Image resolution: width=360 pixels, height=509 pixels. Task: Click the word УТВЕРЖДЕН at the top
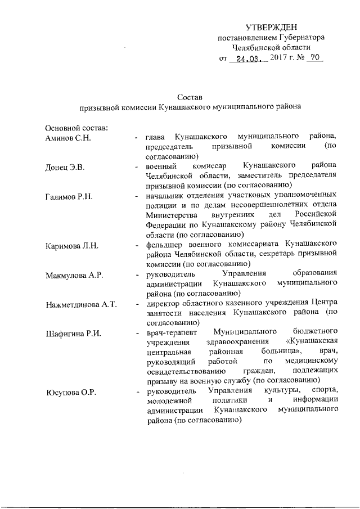click(x=271, y=28)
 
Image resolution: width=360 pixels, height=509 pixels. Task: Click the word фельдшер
click(x=164, y=245)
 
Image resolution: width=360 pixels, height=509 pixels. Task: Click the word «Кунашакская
click(x=312, y=344)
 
